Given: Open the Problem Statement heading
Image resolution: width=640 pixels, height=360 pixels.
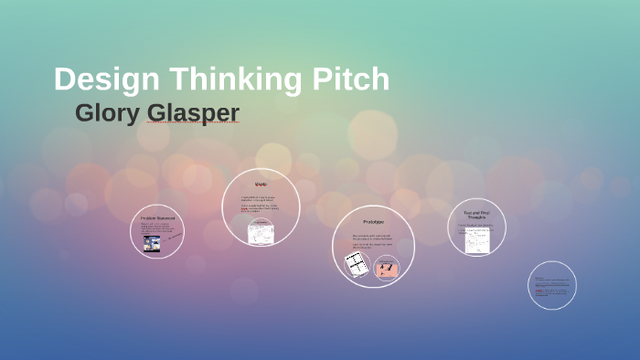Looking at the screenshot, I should click(x=157, y=218).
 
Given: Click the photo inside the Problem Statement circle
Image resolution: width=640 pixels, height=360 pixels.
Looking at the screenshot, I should click(x=151, y=241).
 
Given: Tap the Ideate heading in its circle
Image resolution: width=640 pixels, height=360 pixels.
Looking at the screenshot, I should click(x=261, y=185).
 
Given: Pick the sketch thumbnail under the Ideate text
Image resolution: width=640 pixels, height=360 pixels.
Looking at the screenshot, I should click(x=260, y=233).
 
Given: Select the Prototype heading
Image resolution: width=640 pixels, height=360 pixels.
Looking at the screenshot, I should click(x=373, y=222).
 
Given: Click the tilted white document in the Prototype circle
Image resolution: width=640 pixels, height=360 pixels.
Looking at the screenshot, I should click(x=357, y=265).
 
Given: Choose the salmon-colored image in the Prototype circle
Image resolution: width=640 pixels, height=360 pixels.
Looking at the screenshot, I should click(x=387, y=268).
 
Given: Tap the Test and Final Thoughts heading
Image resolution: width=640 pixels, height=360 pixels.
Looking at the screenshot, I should click(x=477, y=216).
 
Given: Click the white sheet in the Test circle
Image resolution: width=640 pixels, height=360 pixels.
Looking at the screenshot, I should click(x=476, y=240).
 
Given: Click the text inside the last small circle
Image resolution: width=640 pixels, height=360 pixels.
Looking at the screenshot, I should click(x=551, y=286).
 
